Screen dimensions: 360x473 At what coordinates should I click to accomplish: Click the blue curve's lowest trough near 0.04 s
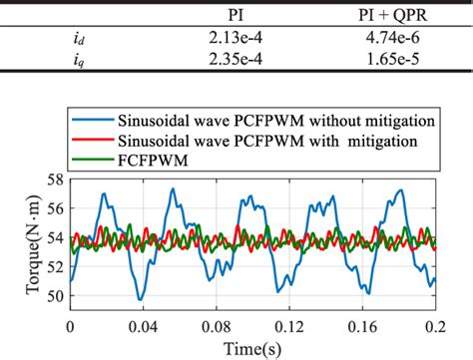tap(141, 297)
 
